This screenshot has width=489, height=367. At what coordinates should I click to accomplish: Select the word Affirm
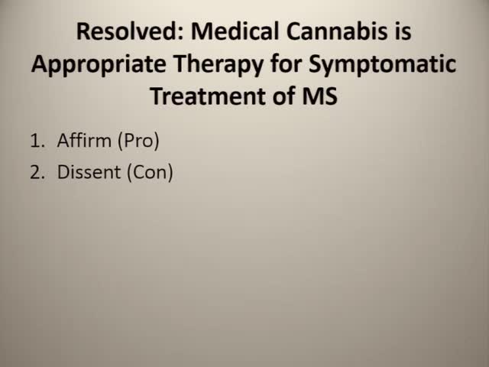pyautogui.click(x=83, y=141)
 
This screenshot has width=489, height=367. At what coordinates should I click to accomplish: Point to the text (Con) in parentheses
pyautogui.click(x=150, y=173)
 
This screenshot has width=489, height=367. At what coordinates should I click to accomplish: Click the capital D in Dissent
pyautogui.click(x=63, y=172)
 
